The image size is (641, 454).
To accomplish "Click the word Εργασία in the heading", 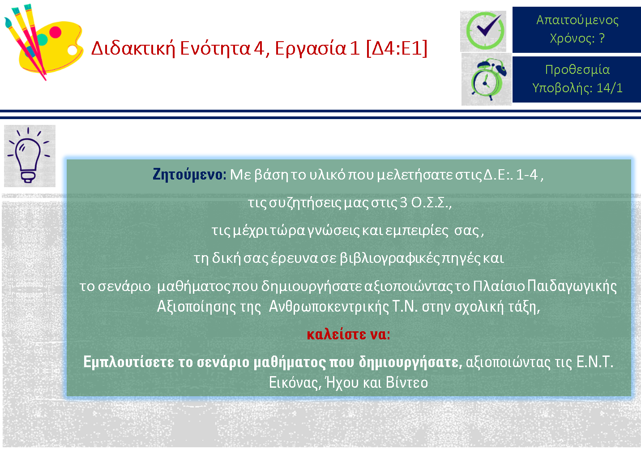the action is pyautogui.click(x=311, y=49).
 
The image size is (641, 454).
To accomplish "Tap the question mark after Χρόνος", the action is pyautogui.click(x=602, y=38).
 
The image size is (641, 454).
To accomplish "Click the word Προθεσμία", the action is pyautogui.click(x=577, y=69).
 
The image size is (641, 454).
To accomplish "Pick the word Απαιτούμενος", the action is pyautogui.click(x=577, y=20).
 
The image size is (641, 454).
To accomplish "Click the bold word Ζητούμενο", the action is pyautogui.click(x=189, y=174).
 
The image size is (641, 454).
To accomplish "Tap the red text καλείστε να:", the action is pyautogui.click(x=348, y=334).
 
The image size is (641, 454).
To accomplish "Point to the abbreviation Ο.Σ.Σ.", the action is pyautogui.click(x=431, y=203).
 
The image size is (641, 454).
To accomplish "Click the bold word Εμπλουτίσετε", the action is pyautogui.click(x=128, y=362).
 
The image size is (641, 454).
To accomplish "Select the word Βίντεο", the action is pyautogui.click(x=406, y=382).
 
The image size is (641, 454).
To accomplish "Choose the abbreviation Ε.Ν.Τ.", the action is pyautogui.click(x=594, y=362).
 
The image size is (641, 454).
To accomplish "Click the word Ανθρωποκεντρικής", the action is pyautogui.click(x=329, y=307).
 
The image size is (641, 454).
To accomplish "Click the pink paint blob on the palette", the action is pyautogui.click(x=55, y=32).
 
